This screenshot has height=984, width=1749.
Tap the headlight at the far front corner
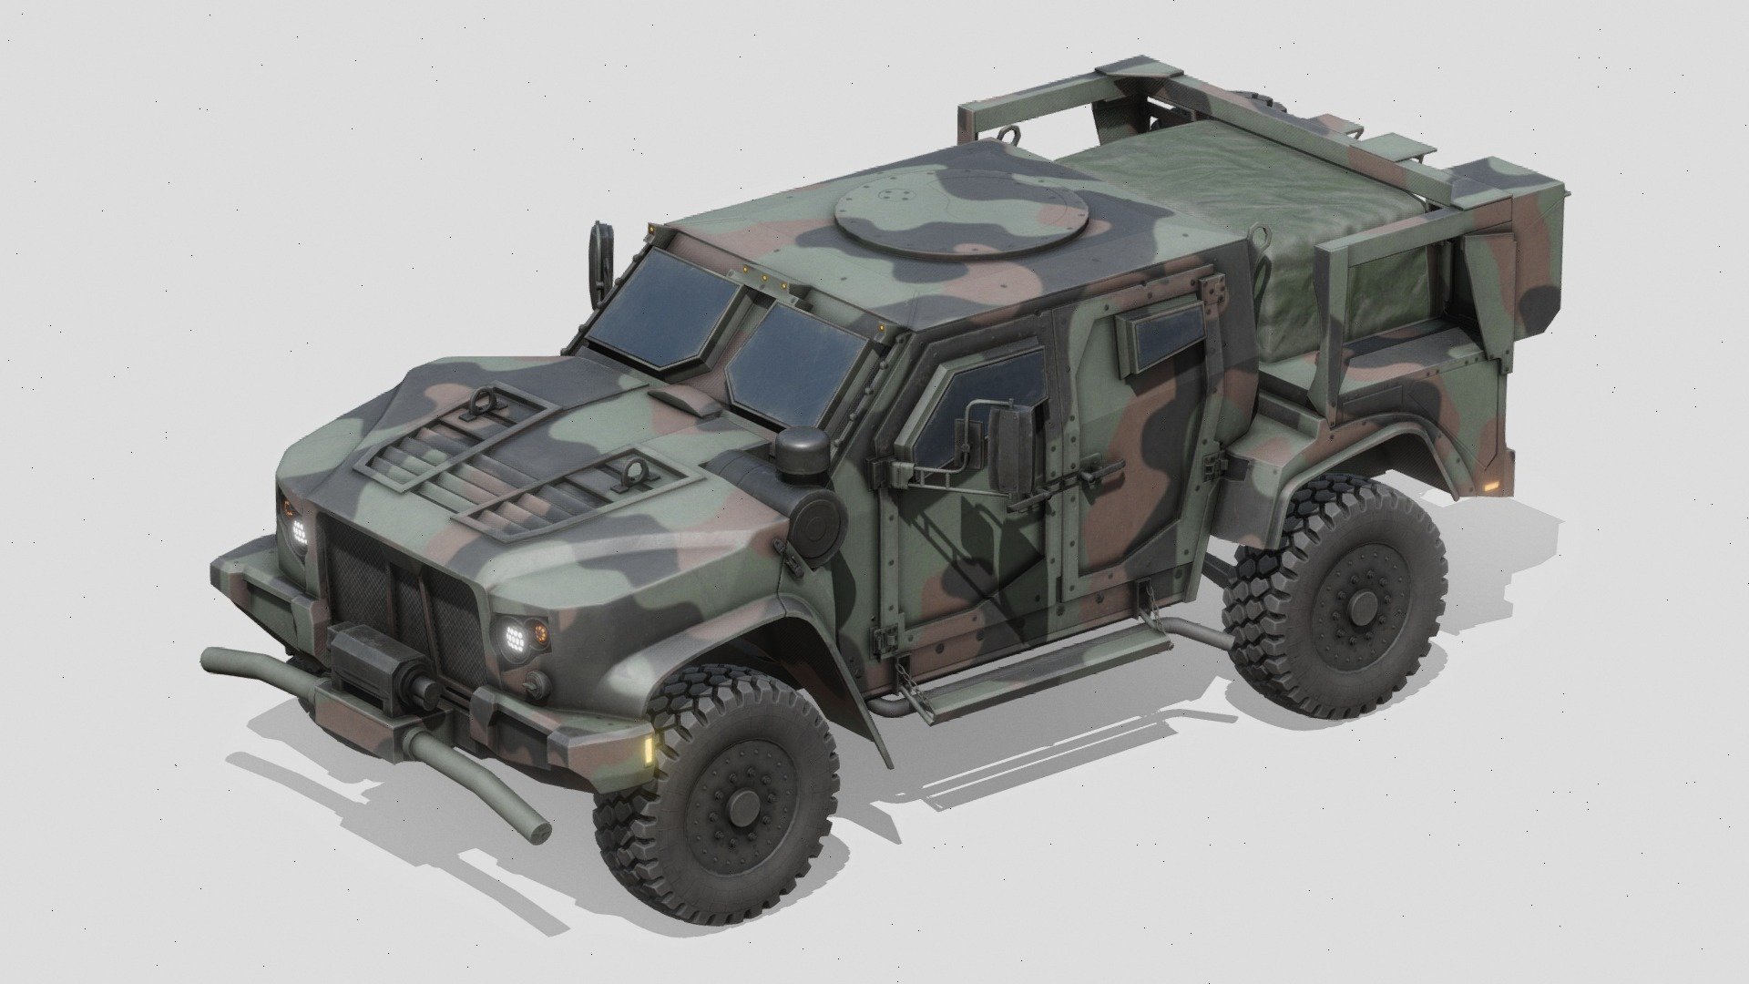(x=298, y=530)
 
